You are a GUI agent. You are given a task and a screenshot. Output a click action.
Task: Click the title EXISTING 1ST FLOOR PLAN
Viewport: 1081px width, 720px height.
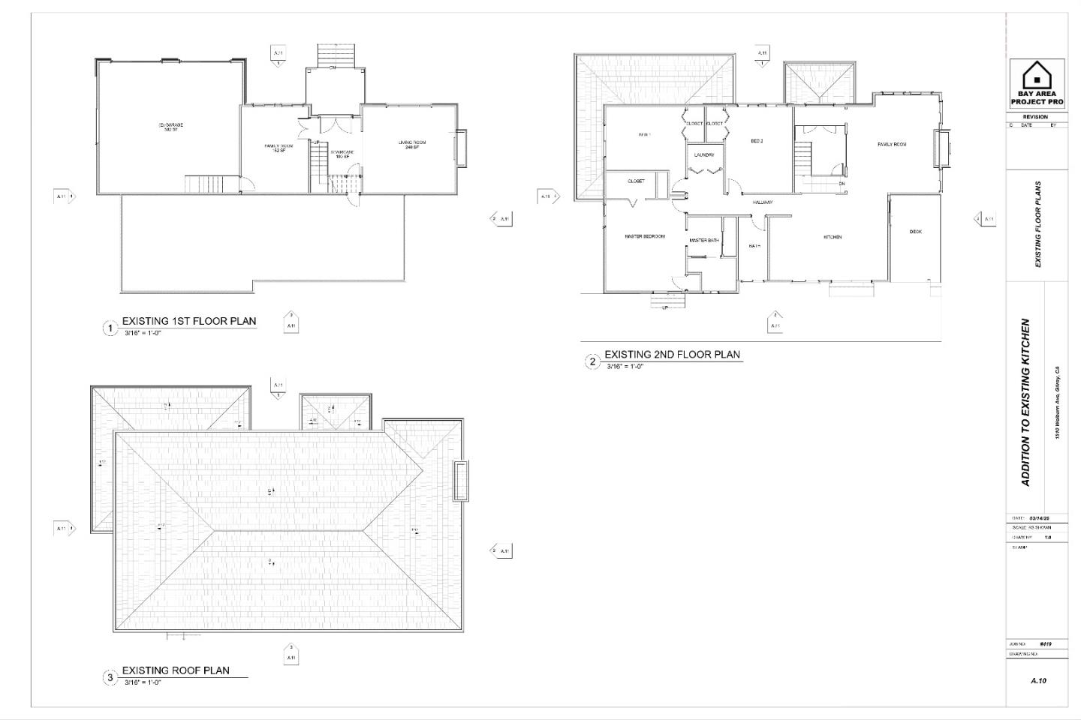[189, 321]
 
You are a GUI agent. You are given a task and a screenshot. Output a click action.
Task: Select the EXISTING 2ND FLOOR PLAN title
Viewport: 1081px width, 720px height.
[672, 355]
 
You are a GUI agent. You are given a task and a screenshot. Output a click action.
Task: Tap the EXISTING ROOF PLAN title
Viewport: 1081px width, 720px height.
[176, 670]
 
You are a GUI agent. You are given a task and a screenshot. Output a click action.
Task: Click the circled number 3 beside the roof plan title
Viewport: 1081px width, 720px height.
[110, 678]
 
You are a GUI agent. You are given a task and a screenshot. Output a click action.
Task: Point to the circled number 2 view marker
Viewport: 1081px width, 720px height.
[592, 362]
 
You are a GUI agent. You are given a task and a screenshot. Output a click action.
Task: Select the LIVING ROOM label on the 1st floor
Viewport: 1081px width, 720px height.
[411, 143]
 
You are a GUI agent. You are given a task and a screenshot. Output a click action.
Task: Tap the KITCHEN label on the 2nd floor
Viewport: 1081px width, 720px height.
[833, 237]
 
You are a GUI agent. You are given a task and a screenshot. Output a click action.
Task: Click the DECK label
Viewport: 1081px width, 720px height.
[915, 232]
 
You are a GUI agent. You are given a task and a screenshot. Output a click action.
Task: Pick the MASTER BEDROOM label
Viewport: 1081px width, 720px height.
[645, 237]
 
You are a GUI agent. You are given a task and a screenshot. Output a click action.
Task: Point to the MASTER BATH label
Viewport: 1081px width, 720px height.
[704, 241]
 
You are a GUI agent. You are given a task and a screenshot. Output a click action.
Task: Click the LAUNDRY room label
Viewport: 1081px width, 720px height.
[703, 155]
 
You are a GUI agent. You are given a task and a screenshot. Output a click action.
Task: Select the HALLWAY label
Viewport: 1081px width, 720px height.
[763, 202]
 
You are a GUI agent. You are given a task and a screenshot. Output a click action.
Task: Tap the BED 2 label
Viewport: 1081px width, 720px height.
[757, 141]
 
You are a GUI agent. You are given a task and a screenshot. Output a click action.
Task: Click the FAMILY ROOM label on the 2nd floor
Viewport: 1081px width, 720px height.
[892, 144]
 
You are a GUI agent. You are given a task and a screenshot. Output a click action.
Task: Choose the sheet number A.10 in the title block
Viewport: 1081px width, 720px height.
[1038, 681]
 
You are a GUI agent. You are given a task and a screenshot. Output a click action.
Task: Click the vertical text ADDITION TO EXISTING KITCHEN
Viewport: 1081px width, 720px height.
[1026, 403]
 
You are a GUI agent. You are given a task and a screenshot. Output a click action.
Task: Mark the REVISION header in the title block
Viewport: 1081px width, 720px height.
[1035, 117]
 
